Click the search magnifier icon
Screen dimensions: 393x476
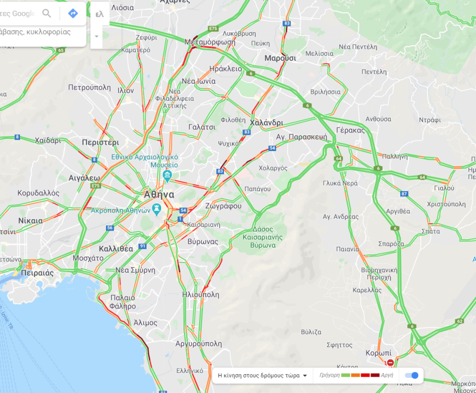coord(47,14)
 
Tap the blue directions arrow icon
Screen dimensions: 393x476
coord(73,14)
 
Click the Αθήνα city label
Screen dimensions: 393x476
coord(159,194)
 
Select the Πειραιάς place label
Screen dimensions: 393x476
coord(37,273)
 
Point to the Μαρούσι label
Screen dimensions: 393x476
coord(280,58)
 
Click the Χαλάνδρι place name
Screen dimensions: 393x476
coord(267,123)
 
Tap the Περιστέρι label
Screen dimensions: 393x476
coord(100,142)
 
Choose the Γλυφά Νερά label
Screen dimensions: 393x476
coord(341,183)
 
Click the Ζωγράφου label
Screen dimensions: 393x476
coord(223,206)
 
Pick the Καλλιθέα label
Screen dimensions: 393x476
coord(116,249)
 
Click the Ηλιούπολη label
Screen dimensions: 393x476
coord(201,295)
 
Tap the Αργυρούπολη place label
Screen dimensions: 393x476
coord(199,344)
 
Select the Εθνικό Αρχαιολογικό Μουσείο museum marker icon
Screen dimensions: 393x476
coord(167,175)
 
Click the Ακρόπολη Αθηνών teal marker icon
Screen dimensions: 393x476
coord(157,207)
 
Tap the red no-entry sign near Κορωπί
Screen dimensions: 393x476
coord(390,362)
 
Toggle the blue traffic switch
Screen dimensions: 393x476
coord(412,376)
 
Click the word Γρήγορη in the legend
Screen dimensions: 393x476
coord(329,375)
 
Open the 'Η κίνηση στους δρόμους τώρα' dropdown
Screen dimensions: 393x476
coord(262,375)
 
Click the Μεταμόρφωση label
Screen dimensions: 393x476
coord(210,42)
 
